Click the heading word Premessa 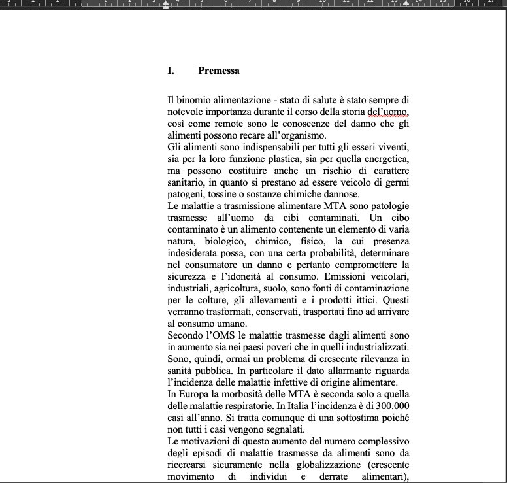click(x=218, y=71)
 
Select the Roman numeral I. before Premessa click(x=171, y=71)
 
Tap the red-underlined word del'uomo click(x=392, y=112)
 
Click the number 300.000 click(x=384, y=407)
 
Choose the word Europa click(x=194, y=395)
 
